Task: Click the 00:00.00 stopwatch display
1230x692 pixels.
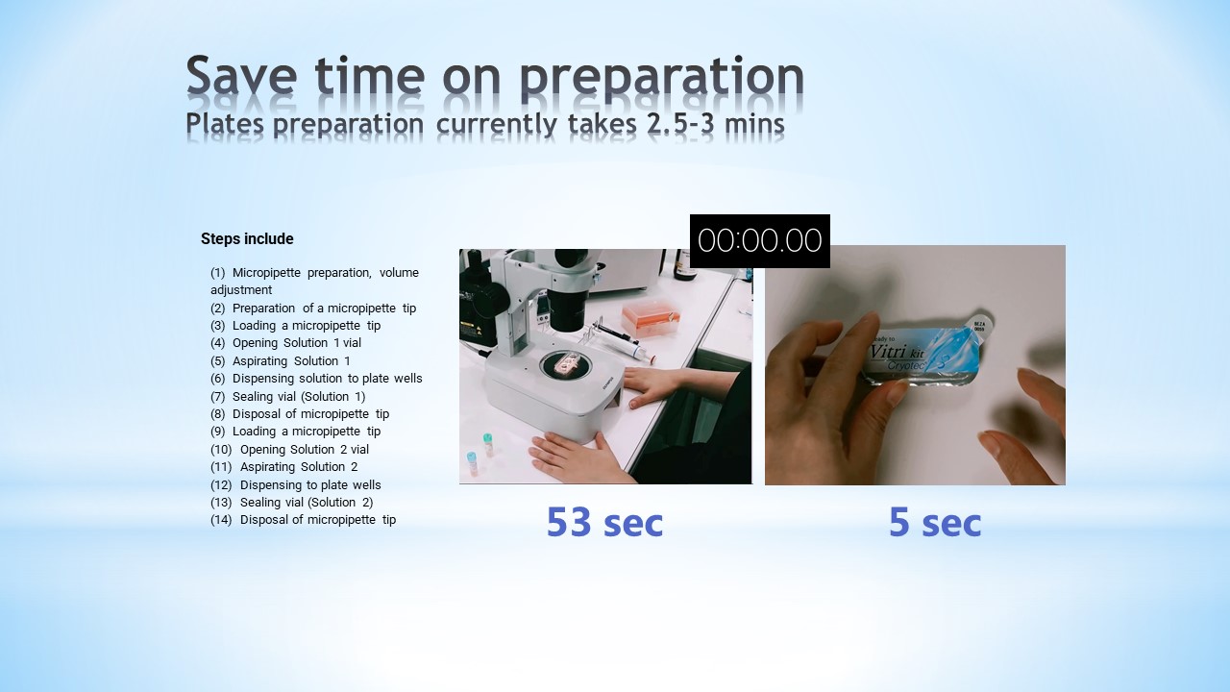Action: [759, 241]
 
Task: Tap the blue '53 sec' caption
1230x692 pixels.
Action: [604, 522]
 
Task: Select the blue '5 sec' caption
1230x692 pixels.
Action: [935, 522]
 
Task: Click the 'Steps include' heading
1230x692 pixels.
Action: [247, 239]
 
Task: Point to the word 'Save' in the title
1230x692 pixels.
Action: [241, 75]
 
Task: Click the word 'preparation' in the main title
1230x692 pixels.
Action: [662, 77]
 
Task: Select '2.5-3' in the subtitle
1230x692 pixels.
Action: [680, 124]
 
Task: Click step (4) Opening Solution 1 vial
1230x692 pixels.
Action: [285, 343]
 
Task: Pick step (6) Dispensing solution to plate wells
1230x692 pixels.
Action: [316, 379]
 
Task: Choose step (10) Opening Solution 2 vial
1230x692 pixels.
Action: [289, 449]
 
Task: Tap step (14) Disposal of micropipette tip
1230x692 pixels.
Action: [303, 520]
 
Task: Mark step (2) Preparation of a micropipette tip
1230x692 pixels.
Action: [313, 309]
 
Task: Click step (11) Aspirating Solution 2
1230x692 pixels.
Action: [283, 467]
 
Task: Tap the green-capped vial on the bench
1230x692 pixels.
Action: [487, 445]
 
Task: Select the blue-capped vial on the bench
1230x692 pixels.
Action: [471, 463]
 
